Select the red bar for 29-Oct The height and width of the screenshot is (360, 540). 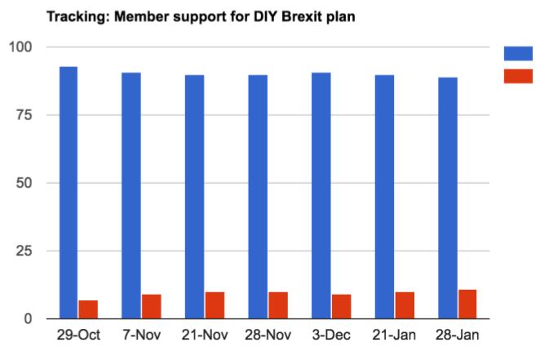pyautogui.click(x=88, y=309)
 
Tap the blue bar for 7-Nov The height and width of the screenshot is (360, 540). pyautogui.click(x=131, y=196)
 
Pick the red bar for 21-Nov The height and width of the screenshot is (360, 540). pyautogui.click(x=215, y=305)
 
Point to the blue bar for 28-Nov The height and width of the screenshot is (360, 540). pyautogui.click(x=258, y=197)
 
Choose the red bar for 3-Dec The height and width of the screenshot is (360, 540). pyautogui.click(x=341, y=306)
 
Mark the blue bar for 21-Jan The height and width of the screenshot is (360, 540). pyautogui.click(x=384, y=197)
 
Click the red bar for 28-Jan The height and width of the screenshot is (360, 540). pyautogui.click(x=467, y=304)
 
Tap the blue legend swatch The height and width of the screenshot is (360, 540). pyautogui.click(x=518, y=54)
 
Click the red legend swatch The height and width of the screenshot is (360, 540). pyautogui.click(x=518, y=76)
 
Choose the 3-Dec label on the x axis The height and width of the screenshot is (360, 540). pyautogui.click(x=331, y=336)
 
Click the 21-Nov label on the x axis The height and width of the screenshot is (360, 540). pyautogui.click(x=205, y=336)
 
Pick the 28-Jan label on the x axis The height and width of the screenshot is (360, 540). pyautogui.click(x=458, y=336)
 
